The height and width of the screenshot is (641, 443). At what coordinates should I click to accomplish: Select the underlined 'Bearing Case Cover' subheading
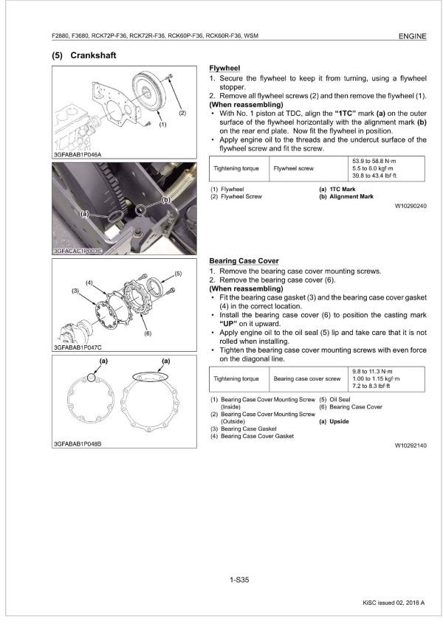(244, 261)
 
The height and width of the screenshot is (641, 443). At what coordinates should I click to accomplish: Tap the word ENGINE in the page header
(411, 35)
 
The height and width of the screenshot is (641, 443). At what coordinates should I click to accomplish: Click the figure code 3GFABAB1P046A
(77, 154)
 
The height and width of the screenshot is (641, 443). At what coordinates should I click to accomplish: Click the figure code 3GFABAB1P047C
(77, 347)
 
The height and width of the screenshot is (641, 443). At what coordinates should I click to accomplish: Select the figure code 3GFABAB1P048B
(77, 444)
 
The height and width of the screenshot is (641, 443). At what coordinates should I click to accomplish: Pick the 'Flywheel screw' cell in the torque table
(293, 168)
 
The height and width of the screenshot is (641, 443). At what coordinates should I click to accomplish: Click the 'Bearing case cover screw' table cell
(307, 378)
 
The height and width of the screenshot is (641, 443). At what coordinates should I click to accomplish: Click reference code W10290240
(411, 206)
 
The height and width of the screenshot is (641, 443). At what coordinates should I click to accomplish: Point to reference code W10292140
(411, 446)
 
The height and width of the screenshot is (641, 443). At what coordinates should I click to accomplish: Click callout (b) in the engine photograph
(167, 199)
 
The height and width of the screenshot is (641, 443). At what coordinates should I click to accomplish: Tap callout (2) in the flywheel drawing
(182, 113)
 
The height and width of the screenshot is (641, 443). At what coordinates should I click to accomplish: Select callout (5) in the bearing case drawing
(178, 274)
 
